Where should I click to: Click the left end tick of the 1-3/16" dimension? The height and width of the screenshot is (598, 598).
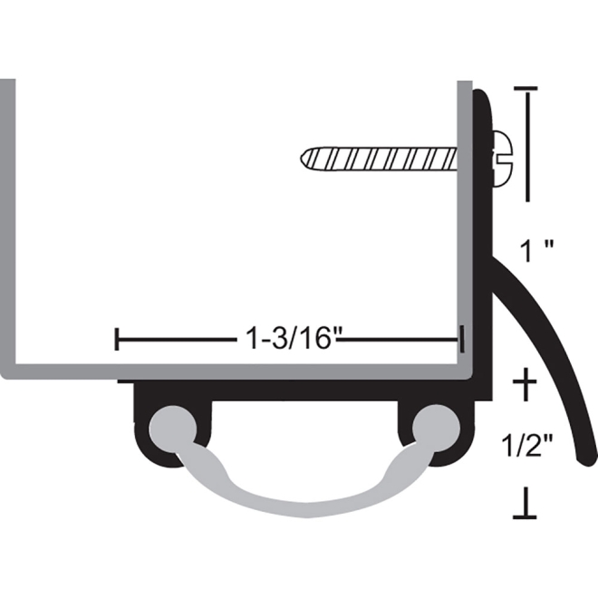118,341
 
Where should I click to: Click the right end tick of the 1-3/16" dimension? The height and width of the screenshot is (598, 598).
461,341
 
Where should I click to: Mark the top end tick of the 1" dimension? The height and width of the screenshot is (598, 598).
526,89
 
